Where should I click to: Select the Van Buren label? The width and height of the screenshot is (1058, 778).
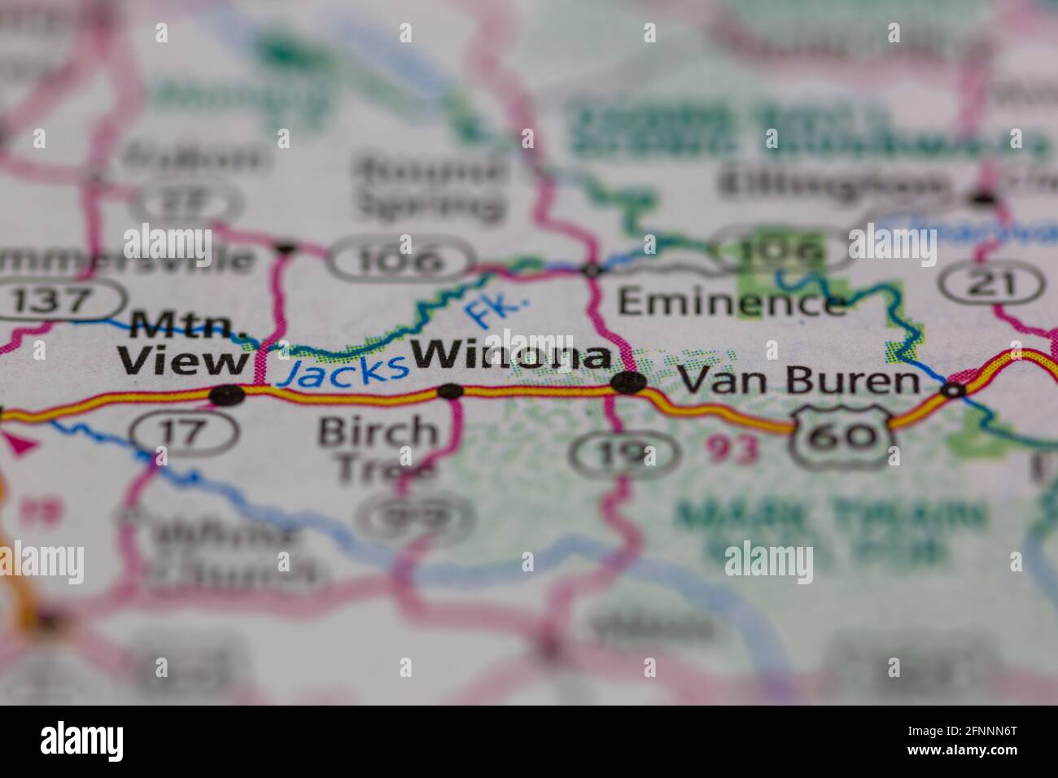(x=798, y=380)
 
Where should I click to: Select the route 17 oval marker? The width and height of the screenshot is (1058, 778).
(x=184, y=431)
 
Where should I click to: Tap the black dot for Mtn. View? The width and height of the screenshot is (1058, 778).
(x=227, y=396)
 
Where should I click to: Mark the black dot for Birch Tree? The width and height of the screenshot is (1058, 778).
(x=450, y=391)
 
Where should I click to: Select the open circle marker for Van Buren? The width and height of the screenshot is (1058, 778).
(x=952, y=391)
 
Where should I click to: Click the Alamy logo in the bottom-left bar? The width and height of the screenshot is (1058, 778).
(x=82, y=741)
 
